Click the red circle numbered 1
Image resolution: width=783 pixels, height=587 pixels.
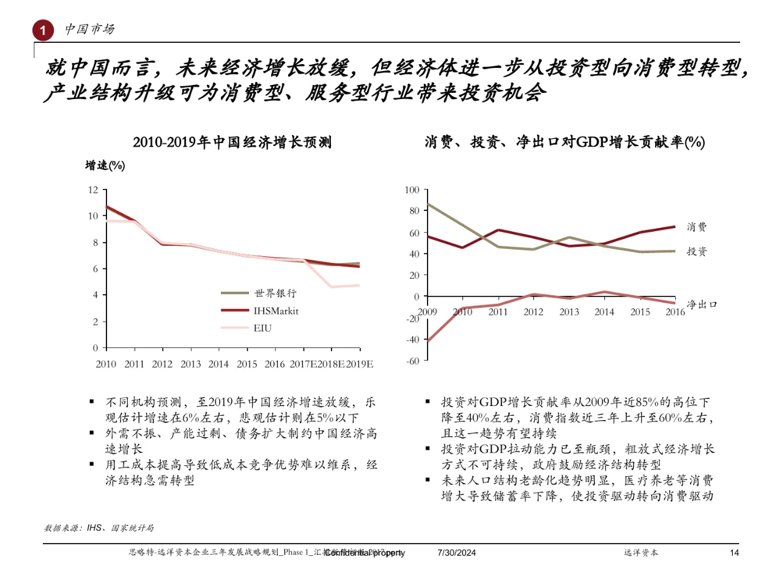pyautogui.click(x=43, y=30)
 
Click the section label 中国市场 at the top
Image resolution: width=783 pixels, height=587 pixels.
pyautogui.click(x=89, y=29)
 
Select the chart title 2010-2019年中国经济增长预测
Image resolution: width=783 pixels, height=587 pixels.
pyautogui.click(x=232, y=142)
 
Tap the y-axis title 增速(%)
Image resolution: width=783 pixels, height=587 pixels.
pyautogui.click(x=105, y=165)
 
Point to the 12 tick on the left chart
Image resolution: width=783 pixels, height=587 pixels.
pyautogui.click(x=93, y=190)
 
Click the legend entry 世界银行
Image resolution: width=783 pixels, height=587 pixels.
pyautogui.click(x=275, y=293)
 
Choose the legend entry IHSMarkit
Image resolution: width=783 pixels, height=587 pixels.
pyautogui.click(x=276, y=311)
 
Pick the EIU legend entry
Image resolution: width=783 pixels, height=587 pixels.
pyautogui.click(x=262, y=328)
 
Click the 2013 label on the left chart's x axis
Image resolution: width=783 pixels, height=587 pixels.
pyautogui.click(x=190, y=364)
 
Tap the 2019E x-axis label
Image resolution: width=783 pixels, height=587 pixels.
pyautogui.click(x=360, y=364)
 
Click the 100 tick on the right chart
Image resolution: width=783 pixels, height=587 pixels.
pyautogui.click(x=412, y=190)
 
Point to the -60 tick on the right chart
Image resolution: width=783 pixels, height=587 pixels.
pyautogui.click(x=413, y=361)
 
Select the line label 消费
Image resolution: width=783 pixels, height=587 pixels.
pyautogui.click(x=697, y=227)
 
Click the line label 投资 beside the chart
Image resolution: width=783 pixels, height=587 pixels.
pyautogui.click(x=697, y=251)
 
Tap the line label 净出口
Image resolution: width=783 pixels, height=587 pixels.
pyautogui.click(x=702, y=304)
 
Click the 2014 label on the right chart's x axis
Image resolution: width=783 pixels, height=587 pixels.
pyautogui.click(x=604, y=312)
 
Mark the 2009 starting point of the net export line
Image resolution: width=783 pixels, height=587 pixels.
pyautogui.click(x=427, y=341)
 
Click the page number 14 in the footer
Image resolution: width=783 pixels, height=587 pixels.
pyautogui.click(x=734, y=553)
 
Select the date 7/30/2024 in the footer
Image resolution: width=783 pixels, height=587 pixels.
pyautogui.click(x=456, y=553)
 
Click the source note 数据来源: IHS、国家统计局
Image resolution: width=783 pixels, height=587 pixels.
pyautogui.click(x=99, y=528)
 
